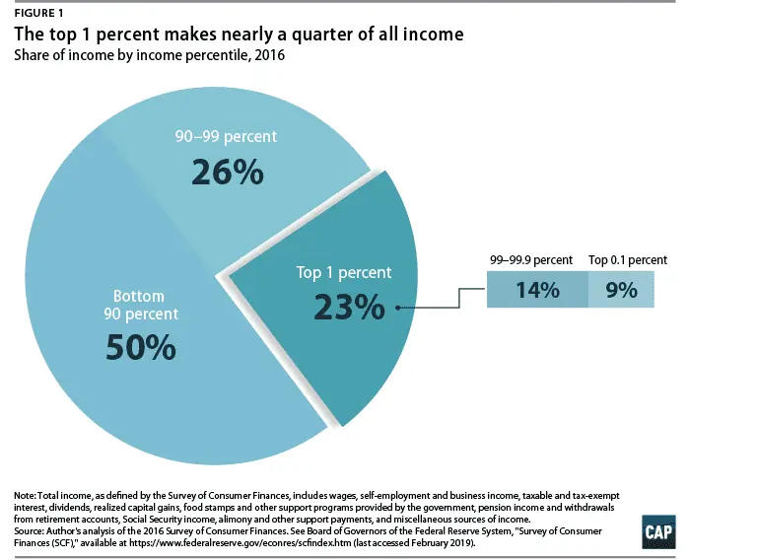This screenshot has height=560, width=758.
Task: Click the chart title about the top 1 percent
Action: [238, 35]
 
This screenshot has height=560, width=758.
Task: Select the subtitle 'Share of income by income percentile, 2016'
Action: [149, 54]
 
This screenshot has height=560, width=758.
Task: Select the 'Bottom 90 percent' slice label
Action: [140, 306]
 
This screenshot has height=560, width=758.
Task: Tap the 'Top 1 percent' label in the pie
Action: [344, 272]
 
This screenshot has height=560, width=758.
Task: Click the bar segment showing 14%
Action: [537, 291]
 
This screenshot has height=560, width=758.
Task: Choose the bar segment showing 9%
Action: [621, 291]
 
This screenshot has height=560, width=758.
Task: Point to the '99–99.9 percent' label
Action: [530, 260]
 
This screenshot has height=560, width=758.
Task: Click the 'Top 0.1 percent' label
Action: [628, 260]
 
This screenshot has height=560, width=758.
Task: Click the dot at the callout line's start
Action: [396, 308]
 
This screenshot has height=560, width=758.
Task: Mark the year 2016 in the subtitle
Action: [268, 54]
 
